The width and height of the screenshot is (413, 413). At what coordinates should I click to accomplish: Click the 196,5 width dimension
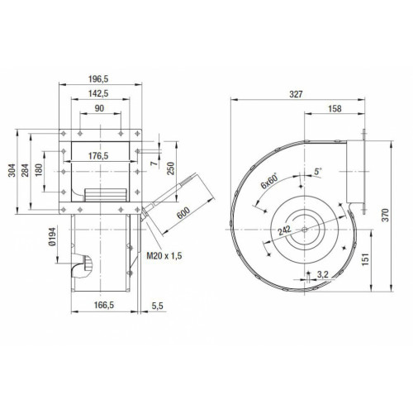coord(98,79)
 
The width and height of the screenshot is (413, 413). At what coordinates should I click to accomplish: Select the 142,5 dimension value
coord(98,93)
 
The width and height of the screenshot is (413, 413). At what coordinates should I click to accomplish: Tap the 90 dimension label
coord(99,108)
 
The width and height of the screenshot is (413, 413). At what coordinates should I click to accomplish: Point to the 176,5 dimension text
coord(98,156)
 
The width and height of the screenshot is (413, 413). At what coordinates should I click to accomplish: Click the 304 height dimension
coord(12,170)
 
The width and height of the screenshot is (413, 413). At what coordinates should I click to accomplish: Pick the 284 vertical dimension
coord(25,170)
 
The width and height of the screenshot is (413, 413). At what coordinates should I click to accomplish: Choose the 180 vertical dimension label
coord(39,170)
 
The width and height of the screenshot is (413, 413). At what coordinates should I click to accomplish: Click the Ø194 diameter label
coord(52,236)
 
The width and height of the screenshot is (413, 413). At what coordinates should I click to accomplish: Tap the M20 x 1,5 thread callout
coord(164,256)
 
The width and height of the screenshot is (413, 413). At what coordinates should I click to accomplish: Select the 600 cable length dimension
coord(183,213)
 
